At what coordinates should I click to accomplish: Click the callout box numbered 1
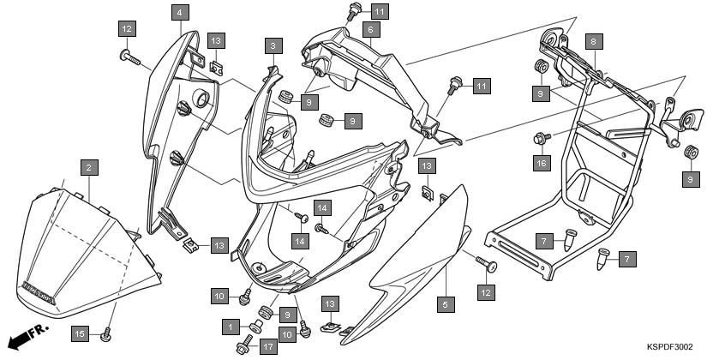pyautogui.click(x=231, y=327)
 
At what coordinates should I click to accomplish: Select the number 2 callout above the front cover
pyautogui.click(x=89, y=168)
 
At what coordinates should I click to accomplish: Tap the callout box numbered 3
pyautogui.click(x=273, y=46)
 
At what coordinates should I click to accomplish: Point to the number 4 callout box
pyautogui.click(x=180, y=12)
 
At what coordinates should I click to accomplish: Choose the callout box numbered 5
pyautogui.click(x=446, y=304)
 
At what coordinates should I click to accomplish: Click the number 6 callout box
pyautogui.click(x=371, y=30)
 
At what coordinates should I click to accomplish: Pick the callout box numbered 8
pyautogui.click(x=594, y=42)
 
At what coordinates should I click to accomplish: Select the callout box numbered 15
pyautogui.click(x=80, y=333)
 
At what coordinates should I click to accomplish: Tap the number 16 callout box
pyautogui.click(x=542, y=163)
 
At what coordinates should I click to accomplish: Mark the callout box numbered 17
pyautogui.click(x=268, y=346)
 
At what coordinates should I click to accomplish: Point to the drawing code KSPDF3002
pyautogui.click(x=670, y=346)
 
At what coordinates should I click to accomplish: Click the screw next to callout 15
pyautogui.click(x=106, y=335)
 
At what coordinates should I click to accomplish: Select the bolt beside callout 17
pyautogui.click(x=244, y=345)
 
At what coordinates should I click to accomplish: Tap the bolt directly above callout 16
pyautogui.click(x=542, y=137)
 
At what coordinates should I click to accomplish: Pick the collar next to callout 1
pyautogui.click(x=256, y=327)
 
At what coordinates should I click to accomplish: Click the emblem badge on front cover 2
pyautogui.click(x=39, y=292)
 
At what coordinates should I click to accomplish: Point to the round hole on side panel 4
pyautogui.click(x=201, y=98)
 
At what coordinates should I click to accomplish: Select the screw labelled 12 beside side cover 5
pyautogui.click(x=486, y=264)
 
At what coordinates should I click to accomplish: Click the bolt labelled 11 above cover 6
pyautogui.click(x=354, y=10)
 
